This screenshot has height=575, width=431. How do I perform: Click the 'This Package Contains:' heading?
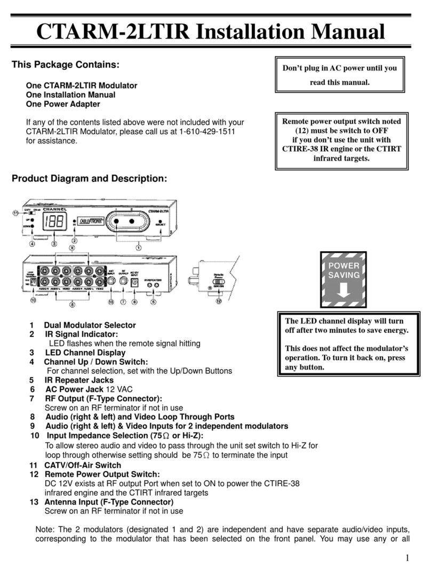coord(65,65)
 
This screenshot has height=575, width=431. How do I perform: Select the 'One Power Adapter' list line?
coord(63,104)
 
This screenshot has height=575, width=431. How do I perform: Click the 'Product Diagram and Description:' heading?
coord(89,179)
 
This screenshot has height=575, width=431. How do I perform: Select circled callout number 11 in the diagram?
coord(15,213)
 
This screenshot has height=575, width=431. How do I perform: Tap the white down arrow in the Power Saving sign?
coord(344,290)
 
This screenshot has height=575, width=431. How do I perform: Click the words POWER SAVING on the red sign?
coord(344,270)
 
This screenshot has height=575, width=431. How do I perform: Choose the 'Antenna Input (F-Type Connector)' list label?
coord(108,502)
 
